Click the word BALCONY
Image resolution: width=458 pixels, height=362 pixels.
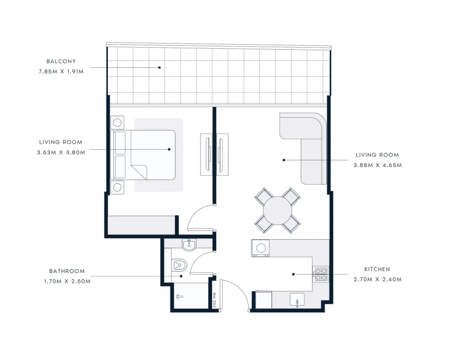click(61, 61)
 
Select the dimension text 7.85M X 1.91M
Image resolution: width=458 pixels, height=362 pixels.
click(61, 72)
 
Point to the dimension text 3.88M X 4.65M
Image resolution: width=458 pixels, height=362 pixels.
click(377, 165)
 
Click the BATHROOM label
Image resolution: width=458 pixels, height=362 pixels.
click(67, 271)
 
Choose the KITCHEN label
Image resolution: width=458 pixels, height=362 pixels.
click(377, 269)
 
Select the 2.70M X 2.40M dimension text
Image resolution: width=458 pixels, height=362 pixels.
click(377, 279)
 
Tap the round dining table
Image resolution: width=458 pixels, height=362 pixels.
click(277, 210)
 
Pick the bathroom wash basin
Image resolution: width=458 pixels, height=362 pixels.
click(189, 245)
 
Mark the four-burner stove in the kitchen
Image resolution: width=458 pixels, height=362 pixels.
click(321, 274)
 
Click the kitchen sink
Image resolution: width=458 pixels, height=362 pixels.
click(297, 301)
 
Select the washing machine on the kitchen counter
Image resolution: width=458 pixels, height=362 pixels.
click(261, 248)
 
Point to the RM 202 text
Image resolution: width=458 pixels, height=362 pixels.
click(215, 301)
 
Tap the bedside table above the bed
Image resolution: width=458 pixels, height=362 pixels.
click(118, 122)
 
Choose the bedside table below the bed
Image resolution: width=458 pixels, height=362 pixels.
click(118, 187)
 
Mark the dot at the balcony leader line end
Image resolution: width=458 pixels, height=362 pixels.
click(159, 67)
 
